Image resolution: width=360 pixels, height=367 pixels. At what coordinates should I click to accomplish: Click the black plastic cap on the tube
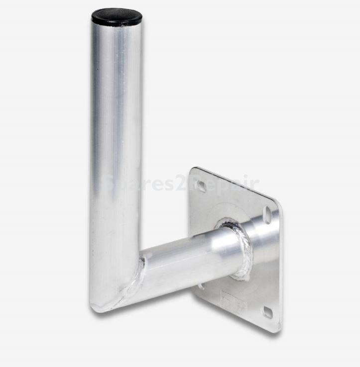[x=117, y=16]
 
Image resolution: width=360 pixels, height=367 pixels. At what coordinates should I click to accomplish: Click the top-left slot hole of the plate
[x=200, y=186]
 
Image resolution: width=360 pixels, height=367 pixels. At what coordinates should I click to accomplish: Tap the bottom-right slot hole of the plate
[x=268, y=312]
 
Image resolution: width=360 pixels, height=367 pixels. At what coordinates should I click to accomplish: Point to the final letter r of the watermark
[x=254, y=184]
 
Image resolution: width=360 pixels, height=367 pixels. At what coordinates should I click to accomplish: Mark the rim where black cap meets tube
[x=116, y=25]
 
